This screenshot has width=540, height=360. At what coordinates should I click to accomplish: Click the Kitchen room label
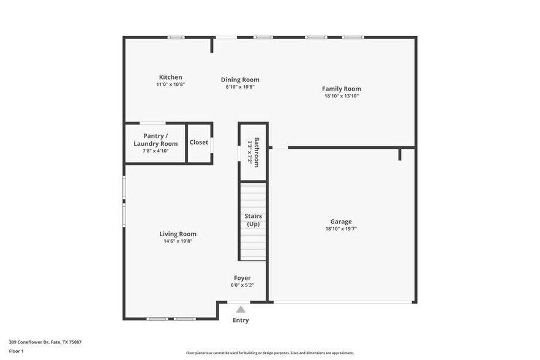tap(170, 77)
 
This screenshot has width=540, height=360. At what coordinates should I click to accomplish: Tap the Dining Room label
tap(240, 80)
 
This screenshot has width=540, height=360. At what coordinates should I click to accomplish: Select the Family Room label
tap(341, 89)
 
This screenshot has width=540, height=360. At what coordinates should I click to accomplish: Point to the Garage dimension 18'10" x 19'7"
tap(341, 229)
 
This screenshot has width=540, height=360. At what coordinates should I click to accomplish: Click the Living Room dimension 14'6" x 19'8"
tap(178, 241)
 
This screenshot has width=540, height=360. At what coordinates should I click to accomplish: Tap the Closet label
tap(199, 142)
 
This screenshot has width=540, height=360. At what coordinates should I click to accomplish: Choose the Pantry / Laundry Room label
tap(156, 140)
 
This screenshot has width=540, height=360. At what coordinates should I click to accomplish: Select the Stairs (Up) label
tap(253, 220)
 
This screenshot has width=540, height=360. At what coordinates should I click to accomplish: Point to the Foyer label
tap(242, 278)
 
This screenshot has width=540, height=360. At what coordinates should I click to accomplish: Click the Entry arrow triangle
tap(241, 309)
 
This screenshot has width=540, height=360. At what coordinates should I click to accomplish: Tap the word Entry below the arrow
tap(241, 320)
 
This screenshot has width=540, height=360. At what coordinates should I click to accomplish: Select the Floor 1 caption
tap(16, 351)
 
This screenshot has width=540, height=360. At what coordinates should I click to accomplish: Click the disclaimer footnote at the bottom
tap(269, 353)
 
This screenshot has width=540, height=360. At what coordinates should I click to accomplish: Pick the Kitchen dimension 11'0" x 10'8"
tap(170, 84)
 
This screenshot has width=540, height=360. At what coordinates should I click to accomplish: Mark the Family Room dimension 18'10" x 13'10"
tap(341, 96)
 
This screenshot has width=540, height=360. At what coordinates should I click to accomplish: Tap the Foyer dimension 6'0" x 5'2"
tap(242, 285)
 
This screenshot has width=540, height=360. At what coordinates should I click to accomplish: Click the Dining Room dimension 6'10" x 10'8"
tap(240, 87)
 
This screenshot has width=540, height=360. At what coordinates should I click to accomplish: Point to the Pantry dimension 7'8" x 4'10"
tap(156, 151)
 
